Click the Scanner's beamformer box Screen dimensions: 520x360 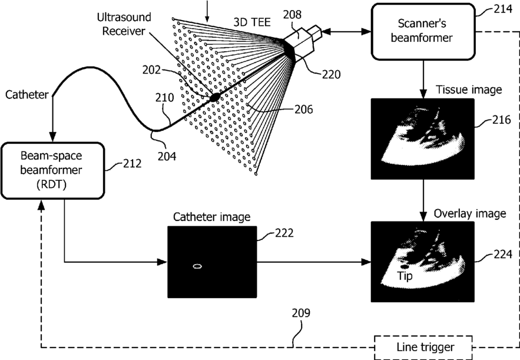pos(423,31)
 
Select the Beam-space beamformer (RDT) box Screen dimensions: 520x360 pos(52,170)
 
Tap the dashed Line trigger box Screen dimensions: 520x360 pos(423,348)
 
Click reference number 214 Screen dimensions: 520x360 pos(503,9)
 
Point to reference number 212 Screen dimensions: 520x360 pos(132,163)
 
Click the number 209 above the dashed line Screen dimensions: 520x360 pos(301,313)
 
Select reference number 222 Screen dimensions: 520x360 pos(284,233)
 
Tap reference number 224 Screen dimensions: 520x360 pos(503,254)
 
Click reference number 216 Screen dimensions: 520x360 pos(501,120)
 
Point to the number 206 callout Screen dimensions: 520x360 pos(303,109)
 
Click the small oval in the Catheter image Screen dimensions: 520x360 pos(197,266)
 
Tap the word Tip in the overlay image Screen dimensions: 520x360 pos(405,276)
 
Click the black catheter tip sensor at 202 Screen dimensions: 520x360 pos(215,97)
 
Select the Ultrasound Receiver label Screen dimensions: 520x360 pos(124,24)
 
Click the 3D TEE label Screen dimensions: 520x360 pos(252,22)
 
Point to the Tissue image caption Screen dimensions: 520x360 pos(469,90)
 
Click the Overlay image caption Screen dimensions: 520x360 pos(470,214)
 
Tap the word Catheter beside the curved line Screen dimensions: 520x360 pos(27,94)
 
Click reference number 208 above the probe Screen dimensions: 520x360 pos(292,15)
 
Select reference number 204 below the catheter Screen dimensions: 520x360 pos(167,156)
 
